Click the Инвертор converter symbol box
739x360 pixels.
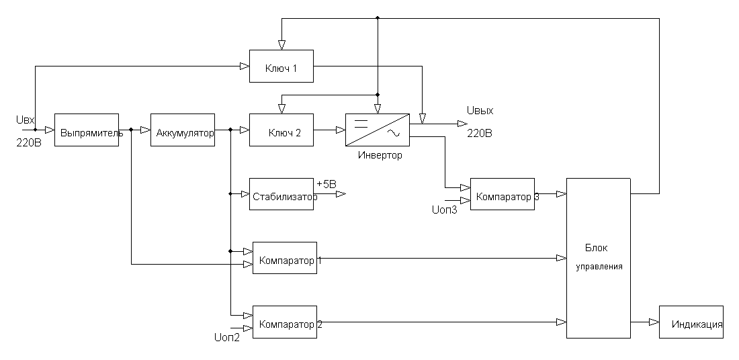(x=377, y=130)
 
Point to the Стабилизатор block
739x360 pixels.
(x=281, y=194)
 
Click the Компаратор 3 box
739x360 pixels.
(x=502, y=194)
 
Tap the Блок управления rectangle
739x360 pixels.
(x=598, y=258)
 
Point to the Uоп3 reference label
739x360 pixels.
(x=443, y=210)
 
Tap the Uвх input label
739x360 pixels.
(x=25, y=120)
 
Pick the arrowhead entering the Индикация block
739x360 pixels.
(x=654, y=322)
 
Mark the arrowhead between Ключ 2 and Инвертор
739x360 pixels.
(x=341, y=130)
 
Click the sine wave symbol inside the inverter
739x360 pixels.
(x=393, y=134)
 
